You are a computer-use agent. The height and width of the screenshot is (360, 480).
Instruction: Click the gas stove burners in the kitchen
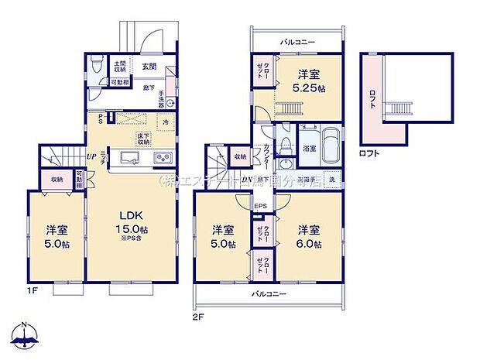click(165, 159)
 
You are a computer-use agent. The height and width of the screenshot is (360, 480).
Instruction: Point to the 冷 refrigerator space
click(166, 122)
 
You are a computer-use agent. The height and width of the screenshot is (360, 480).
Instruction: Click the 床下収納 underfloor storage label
click(144, 139)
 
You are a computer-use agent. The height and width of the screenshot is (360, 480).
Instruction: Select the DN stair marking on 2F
click(246, 180)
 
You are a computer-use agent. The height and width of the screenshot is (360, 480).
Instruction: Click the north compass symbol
click(26, 335)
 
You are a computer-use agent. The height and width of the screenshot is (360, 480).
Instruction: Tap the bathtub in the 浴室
click(331, 146)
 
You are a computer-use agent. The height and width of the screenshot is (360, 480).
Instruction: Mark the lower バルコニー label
click(269, 295)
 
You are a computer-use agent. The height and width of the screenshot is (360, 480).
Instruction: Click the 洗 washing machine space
click(331, 180)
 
